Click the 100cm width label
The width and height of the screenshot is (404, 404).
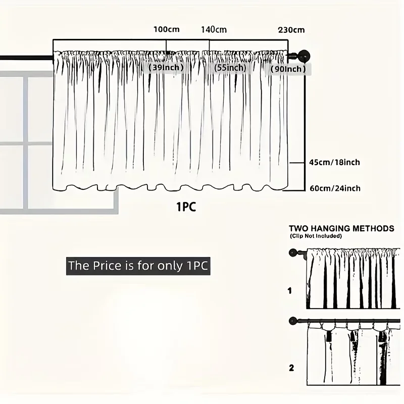click(167, 29)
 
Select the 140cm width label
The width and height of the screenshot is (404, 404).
click(214, 30)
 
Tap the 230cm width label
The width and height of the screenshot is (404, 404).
click(291, 30)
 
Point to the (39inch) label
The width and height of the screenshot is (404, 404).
click(166, 68)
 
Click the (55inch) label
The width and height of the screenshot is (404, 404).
click(230, 68)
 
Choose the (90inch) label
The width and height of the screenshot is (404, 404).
click(288, 69)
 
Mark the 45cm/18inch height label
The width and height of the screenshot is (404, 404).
click(334, 162)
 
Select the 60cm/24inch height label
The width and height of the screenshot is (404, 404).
click(335, 188)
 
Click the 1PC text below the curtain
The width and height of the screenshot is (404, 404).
click(186, 207)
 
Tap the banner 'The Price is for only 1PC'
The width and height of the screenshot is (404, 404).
click(138, 266)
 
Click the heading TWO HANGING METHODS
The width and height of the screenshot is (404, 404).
click(341, 229)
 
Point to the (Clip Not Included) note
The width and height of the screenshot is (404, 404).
click(316, 236)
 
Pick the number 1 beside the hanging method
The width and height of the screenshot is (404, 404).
click(290, 291)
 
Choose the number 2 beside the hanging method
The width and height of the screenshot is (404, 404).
click(291, 368)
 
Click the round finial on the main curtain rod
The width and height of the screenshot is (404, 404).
click(304, 57)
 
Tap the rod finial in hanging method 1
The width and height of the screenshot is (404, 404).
click(293, 253)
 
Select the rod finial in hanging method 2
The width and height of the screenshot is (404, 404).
click(293, 321)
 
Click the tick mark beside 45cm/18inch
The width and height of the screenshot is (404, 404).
click(297, 163)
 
